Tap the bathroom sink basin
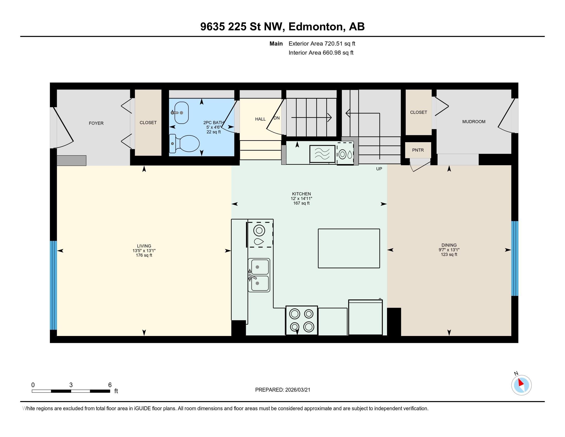[181, 113]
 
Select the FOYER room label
[96, 123]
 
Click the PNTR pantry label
[418, 150]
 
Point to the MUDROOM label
[474, 122]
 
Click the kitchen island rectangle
[349, 248]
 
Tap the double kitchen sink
[259, 275]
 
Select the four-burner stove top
[302, 320]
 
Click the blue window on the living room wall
[53, 285]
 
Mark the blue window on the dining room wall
[515, 258]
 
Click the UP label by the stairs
[379, 169]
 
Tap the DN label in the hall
[277, 118]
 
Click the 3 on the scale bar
[71, 385]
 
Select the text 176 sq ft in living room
[144, 255]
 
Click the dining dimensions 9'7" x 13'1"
[449, 250]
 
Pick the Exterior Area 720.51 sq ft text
[322, 44]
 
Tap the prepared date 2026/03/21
[297, 390]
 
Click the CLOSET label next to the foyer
[148, 123]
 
